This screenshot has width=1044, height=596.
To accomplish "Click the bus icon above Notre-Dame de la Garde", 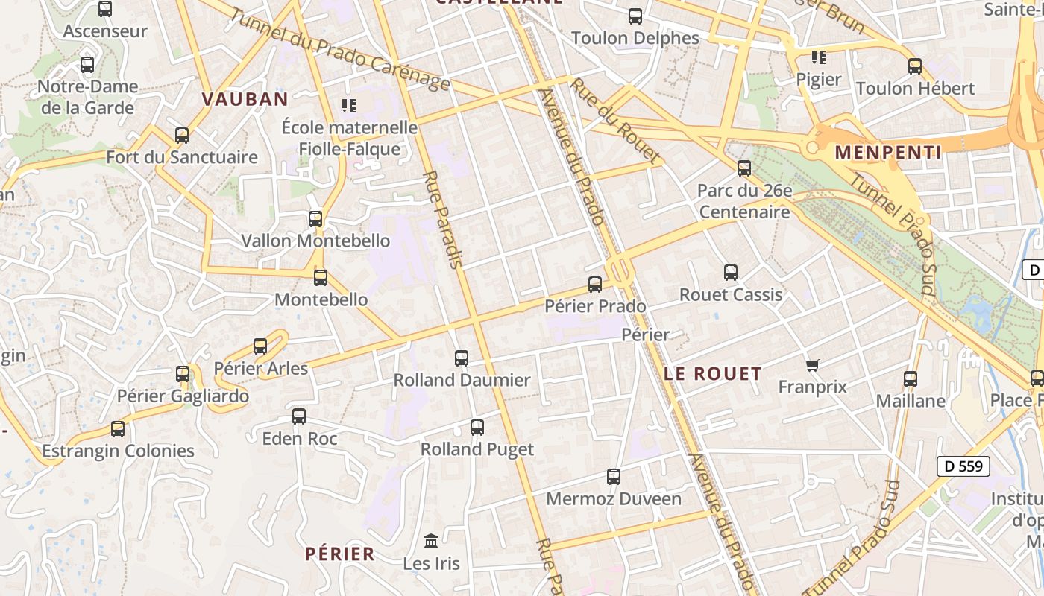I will pos(87,65).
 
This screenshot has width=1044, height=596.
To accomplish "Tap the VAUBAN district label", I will pos(245,99).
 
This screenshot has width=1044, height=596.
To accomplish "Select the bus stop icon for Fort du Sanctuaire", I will pos(182,136).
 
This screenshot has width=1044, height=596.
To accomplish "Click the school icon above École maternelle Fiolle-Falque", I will pos(348,106).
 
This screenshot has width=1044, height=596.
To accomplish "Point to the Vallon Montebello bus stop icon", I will pos(315,219).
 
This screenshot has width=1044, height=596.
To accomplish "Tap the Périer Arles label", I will pos(260,368).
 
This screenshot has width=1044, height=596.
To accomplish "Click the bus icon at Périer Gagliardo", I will pos(183,374).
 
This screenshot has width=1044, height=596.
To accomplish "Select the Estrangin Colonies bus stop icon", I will pos(118,429).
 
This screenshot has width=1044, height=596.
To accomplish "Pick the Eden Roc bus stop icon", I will pos(299,416).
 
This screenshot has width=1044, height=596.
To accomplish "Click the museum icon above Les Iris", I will pos(431,541).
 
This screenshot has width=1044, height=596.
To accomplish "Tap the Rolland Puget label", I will pos(477,449).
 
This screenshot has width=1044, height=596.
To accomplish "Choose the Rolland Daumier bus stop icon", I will pos(462,358).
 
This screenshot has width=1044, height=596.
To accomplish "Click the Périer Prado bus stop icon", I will pos(595,284).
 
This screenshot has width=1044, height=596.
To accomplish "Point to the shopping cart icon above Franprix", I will pos(813,365).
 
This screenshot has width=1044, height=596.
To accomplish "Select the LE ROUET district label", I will pos(713,374).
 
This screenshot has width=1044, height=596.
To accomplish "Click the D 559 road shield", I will pos(963,466).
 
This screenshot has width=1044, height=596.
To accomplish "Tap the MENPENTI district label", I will pos(887,153).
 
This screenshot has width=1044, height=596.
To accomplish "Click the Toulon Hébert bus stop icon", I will pos(915,66).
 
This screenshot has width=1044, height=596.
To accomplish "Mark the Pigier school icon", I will pos(819,57).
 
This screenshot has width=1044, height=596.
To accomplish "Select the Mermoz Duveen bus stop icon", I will pos(614,477).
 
